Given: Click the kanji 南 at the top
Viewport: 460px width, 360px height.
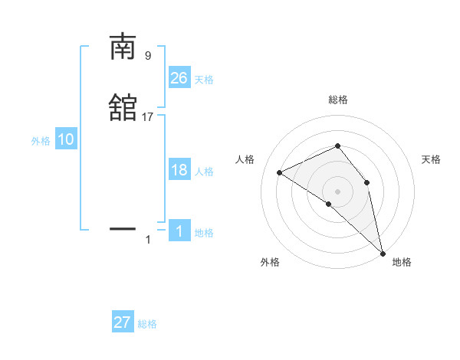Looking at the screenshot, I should pos(123,47).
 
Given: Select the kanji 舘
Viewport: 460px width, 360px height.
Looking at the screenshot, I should pos(123,107).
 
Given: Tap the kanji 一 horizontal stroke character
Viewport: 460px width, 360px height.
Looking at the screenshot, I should pos(123,228).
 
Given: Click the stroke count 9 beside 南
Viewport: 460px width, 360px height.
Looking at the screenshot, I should pos(148,56).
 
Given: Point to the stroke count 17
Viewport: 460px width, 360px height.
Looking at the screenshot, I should pos(148,117).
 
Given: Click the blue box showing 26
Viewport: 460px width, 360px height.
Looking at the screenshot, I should pos(179,78).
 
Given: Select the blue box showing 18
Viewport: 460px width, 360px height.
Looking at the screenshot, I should pos(179,170).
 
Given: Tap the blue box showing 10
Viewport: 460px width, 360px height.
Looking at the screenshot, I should pos(66,139).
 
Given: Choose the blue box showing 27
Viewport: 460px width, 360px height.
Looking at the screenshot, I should pos(123,322).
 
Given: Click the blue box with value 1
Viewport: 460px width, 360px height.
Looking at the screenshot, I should pos(179,231).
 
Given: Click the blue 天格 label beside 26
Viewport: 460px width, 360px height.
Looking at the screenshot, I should pos(204,80).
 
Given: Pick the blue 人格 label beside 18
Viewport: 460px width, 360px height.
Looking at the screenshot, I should pos(204,172).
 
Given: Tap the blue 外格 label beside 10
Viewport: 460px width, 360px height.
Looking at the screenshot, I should pos(41,141).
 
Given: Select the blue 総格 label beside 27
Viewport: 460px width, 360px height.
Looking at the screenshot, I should pos(147,324).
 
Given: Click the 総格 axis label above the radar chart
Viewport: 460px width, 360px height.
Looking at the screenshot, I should pos(337,100).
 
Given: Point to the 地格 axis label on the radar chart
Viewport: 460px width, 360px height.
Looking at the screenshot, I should pos(402,262).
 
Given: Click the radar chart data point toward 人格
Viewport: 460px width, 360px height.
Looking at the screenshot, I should pos(280,173).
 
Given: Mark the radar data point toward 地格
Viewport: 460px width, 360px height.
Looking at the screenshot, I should pos(383,253).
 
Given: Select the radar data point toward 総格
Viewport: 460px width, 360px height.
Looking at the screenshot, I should pos(337,146).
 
